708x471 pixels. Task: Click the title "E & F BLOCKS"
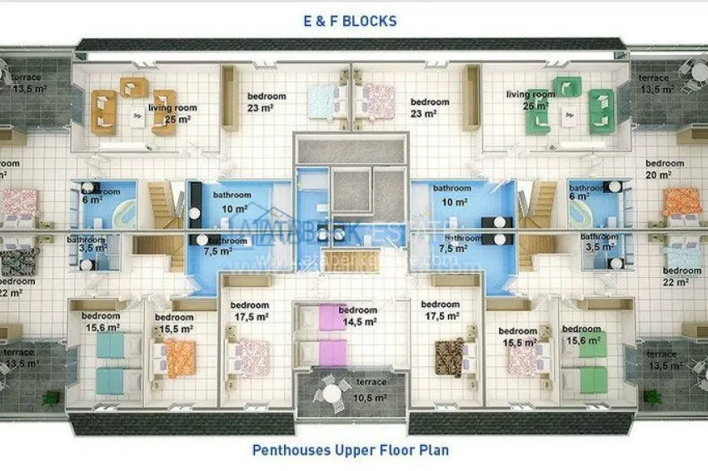350,21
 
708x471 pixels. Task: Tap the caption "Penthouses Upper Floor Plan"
350,450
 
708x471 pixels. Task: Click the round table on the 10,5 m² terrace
333,392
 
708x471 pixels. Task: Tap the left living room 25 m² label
172,114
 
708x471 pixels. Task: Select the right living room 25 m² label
530,100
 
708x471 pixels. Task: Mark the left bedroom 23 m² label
266,102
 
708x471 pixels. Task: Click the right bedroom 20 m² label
664,169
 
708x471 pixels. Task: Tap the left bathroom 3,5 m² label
86,244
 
